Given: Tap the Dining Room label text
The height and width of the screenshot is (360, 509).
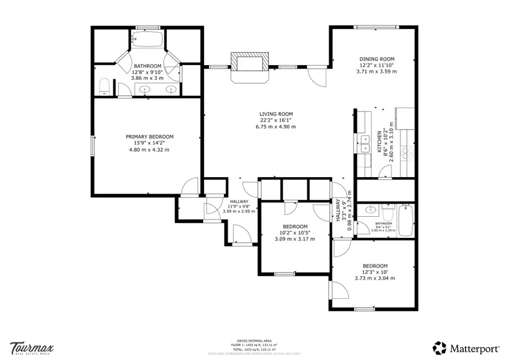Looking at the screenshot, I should pos(377,59).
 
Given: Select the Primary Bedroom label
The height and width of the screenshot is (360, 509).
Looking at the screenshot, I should pos(149,136).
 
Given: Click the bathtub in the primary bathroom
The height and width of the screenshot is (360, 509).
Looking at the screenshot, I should pos(147,39).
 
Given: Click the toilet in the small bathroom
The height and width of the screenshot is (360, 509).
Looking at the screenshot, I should pos(387,215).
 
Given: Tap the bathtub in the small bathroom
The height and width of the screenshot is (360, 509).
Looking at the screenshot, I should pos(406,220).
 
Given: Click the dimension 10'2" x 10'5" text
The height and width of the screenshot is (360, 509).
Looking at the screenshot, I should pos(295,232).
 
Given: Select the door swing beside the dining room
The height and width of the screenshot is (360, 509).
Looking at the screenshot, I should pos(317,76).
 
